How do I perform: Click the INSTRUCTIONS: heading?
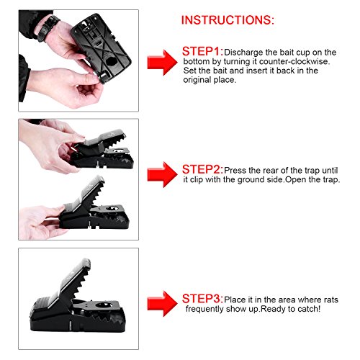point(228,20)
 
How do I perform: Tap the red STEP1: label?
point(202,51)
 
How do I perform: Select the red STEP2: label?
point(202,169)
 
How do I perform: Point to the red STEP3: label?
point(202,299)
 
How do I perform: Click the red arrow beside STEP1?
point(163,63)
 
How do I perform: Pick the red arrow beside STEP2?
point(163,174)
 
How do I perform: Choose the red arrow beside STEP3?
point(163,304)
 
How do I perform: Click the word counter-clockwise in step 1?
point(294,61)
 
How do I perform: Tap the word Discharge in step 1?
point(243,53)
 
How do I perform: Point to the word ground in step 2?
point(251,180)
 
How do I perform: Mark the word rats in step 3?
point(331,300)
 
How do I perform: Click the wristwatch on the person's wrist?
point(49,27)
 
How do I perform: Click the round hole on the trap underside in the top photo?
point(111,61)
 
